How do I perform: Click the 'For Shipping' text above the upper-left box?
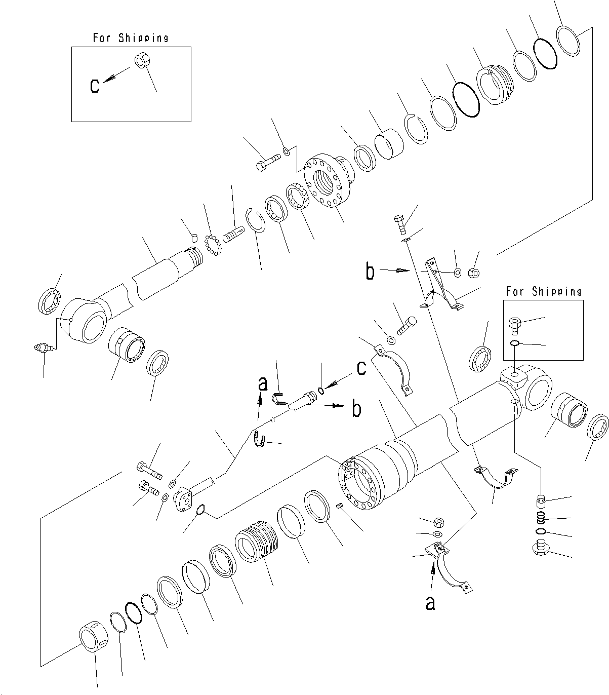tap(131, 38)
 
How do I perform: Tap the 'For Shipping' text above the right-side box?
tap(543, 291)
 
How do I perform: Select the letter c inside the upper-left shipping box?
tap(95, 86)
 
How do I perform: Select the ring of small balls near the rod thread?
tap(213, 246)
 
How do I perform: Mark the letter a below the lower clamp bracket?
tap(430, 603)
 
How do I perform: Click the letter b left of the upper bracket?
tap(371, 273)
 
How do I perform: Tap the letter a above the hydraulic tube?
tap(262, 384)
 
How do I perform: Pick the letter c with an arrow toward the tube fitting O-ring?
tap(361, 368)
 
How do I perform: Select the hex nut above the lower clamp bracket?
tap(439, 522)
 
